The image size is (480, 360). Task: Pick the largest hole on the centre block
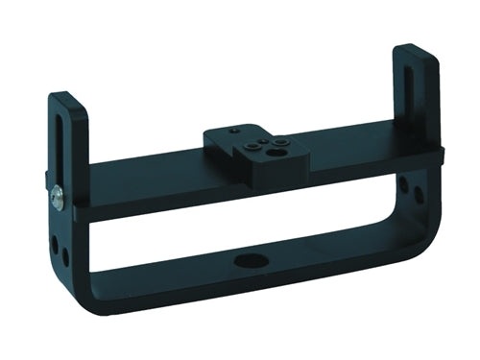pos(277,151)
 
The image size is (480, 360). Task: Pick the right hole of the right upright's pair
pos(419,194)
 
